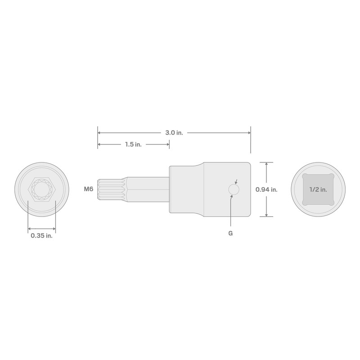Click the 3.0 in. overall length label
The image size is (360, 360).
(174, 133)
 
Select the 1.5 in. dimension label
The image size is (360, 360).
(133, 144)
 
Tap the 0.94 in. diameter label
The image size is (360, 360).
(266, 189)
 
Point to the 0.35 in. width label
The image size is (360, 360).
(41, 235)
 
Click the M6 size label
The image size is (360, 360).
(89, 189)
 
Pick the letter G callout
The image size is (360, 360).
(230, 233)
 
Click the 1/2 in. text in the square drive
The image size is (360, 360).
(318, 189)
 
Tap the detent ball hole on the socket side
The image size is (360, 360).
(233, 190)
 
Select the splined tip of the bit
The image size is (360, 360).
(108, 189)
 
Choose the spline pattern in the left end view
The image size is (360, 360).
(41, 189)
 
